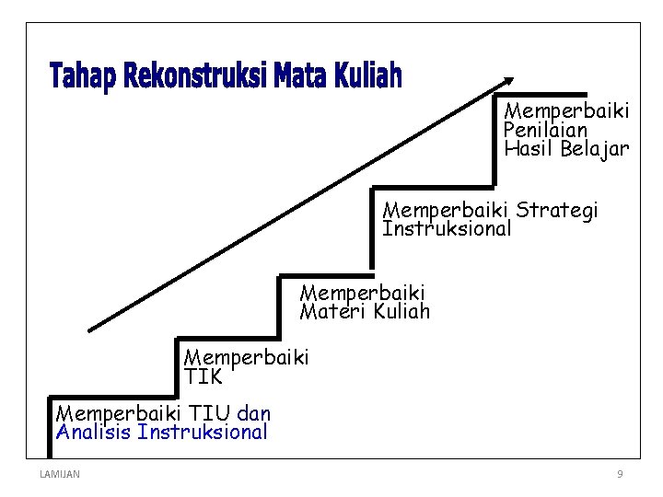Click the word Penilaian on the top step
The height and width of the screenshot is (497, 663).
[x=546, y=130]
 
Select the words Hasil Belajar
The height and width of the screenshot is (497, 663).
[x=566, y=148]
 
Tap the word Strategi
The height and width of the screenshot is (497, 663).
[x=557, y=210]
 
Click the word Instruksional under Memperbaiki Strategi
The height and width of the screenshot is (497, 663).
[x=447, y=228]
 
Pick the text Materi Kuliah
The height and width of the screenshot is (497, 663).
[x=365, y=311]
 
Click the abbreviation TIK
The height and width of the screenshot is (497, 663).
[x=203, y=376]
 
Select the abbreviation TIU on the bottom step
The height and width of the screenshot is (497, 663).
[x=210, y=413]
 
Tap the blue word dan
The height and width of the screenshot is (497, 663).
[x=253, y=413]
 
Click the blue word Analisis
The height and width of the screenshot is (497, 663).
[x=93, y=432]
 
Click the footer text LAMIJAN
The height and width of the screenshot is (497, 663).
[x=60, y=474]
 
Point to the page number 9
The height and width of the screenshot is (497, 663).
[x=620, y=474]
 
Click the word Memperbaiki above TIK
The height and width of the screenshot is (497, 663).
[x=247, y=356]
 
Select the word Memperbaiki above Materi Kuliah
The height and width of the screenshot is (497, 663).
[x=363, y=293]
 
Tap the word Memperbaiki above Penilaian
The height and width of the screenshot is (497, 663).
[x=566, y=111]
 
